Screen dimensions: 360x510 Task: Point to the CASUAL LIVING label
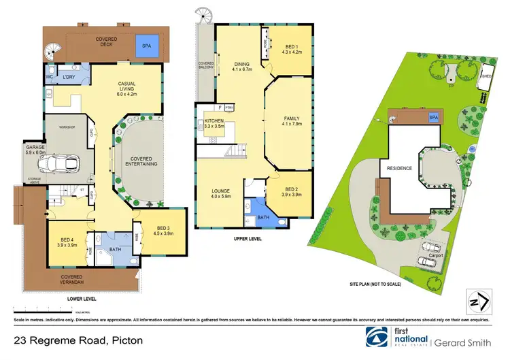tap(128, 89)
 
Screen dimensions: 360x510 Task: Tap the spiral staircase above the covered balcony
tap(203, 14)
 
